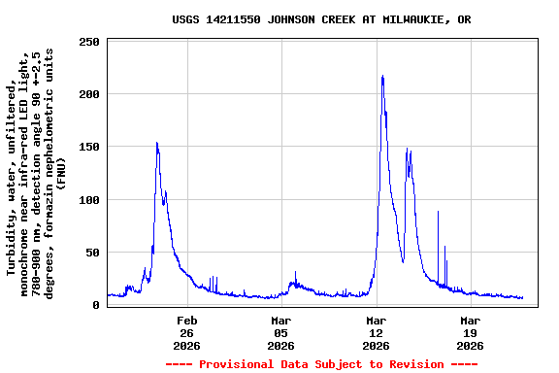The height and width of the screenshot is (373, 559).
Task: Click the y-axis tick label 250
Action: pyautogui.click(x=89, y=42)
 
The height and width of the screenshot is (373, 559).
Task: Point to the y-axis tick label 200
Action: pyautogui.click(x=89, y=94)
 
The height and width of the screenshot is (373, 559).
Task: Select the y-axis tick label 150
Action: pyautogui.click(x=89, y=147)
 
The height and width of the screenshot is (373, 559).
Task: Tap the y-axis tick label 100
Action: pyautogui.click(x=89, y=200)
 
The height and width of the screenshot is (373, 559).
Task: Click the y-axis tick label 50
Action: pyautogui.click(x=93, y=253)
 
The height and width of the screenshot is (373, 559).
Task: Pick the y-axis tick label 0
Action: pyautogui.click(x=96, y=305)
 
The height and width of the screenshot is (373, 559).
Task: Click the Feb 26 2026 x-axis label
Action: pyautogui.click(x=186, y=333)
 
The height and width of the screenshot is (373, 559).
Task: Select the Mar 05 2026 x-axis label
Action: pyautogui.click(x=280, y=333)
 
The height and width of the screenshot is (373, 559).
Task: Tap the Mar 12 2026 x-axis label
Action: pyautogui.click(x=376, y=333)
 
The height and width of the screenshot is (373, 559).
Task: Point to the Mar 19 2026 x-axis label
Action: pyautogui.click(x=470, y=333)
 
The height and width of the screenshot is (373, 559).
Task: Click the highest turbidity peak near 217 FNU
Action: pyautogui.click(x=382, y=77)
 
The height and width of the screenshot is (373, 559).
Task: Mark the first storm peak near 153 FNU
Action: pyautogui.click(x=157, y=144)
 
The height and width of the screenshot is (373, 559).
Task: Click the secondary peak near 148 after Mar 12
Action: pyautogui.click(x=407, y=150)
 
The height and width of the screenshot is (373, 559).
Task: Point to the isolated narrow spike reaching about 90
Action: pyautogui.click(x=438, y=211)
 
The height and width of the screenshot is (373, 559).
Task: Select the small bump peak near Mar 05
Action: pyautogui.click(x=295, y=273)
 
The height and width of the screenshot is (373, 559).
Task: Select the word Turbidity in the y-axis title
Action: pyautogui.click(x=12, y=233)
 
